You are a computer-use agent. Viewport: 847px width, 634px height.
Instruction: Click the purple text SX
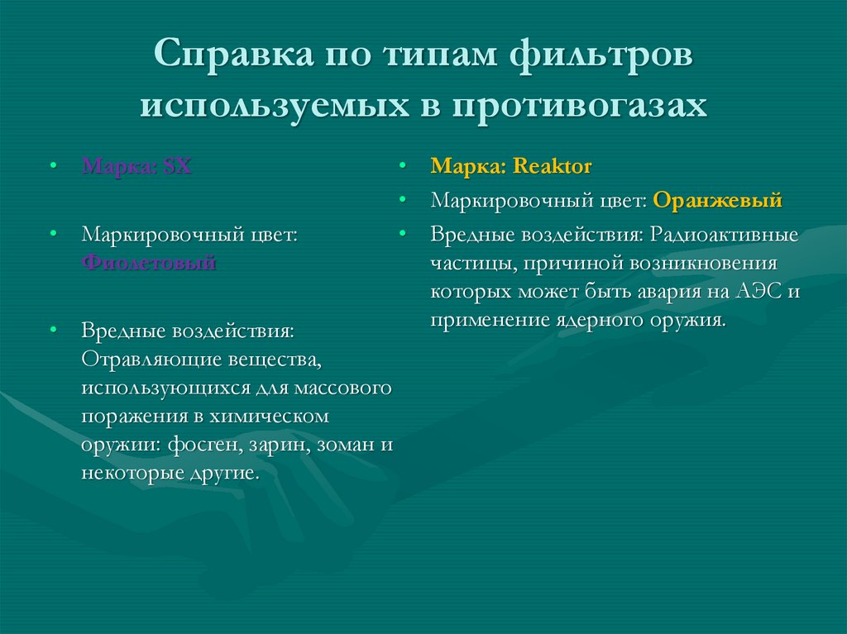pyautogui.click(x=177, y=166)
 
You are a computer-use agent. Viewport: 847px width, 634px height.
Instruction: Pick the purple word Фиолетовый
pyautogui.click(x=149, y=263)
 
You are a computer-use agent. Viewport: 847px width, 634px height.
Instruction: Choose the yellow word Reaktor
pyautogui.click(x=553, y=166)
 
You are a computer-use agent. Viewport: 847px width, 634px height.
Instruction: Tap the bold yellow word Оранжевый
pyautogui.click(x=717, y=200)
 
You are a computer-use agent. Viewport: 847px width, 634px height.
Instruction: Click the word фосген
pyautogui.click(x=203, y=444)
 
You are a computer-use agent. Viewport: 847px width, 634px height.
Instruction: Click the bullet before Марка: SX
pyautogui.click(x=53, y=167)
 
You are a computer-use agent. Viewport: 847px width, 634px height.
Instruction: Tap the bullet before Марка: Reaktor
pyautogui.click(x=402, y=167)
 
